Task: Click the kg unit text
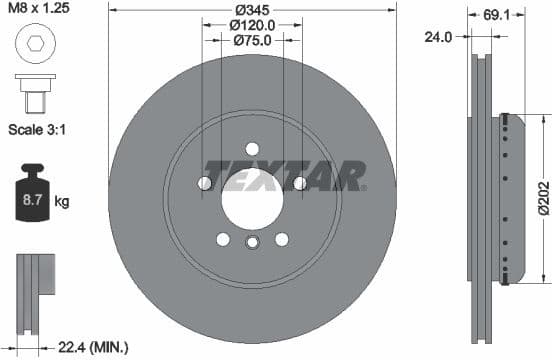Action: tap(62, 202)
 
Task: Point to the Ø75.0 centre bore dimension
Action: tap(252, 42)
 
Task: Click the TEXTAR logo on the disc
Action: tap(285, 175)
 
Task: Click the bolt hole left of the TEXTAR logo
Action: tap(205, 183)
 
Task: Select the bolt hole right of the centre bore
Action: tap(299, 183)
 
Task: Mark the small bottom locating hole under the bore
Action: tap(252, 243)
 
